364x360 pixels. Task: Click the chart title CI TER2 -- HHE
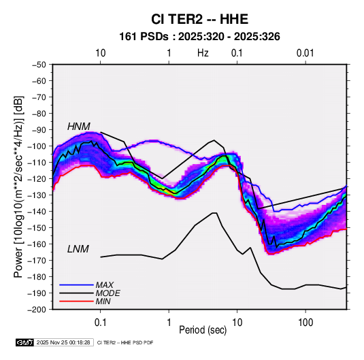[199, 19]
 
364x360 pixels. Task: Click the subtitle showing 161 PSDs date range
[199, 37]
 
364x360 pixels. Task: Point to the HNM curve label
[79, 127]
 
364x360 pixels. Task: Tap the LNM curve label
[78, 249]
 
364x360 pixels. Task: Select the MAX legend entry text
[105, 285]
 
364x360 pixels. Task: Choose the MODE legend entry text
[107, 293]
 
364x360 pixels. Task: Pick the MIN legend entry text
[103, 301]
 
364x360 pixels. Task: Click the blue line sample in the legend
[76, 285]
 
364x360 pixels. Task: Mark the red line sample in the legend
[76, 301]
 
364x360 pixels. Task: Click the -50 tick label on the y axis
[39, 65]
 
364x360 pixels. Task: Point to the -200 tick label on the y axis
[37, 310]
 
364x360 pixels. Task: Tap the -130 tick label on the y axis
[37, 195]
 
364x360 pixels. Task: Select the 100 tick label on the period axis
[305, 323]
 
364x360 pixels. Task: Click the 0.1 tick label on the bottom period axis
[100, 323]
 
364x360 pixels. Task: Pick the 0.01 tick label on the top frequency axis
[305, 53]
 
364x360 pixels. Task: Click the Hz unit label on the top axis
[203, 53]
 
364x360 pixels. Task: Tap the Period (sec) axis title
[203, 330]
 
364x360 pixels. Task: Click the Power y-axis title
[19, 187]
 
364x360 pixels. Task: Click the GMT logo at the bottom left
[25, 342]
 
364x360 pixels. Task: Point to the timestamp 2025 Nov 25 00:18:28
[63, 342]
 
